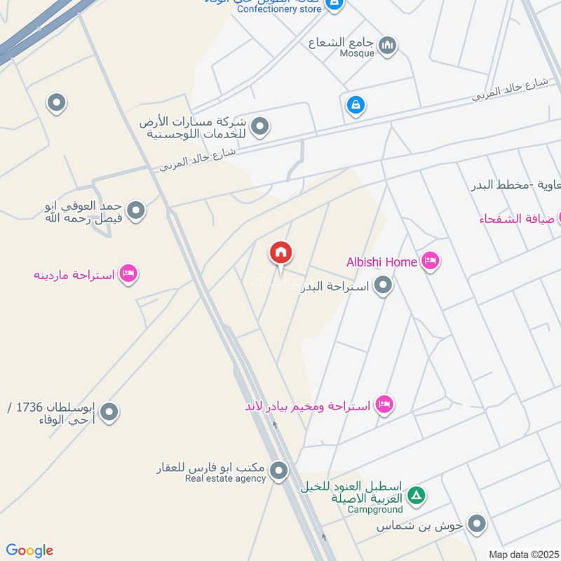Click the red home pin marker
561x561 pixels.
[x=281, y=253]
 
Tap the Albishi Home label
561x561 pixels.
[x=381, y=262]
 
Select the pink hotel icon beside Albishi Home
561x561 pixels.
[x=430, y=262]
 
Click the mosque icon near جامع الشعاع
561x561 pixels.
[x=387, y=46]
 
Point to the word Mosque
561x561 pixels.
[x=357, y=53]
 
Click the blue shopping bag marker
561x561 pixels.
[x=356, y=106]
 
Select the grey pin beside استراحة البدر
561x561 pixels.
[x=383, y=285]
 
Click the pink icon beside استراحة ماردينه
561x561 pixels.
[x=128, y=273]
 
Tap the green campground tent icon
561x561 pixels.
[x=417, y=496]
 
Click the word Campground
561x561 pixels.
[x=375, y=510]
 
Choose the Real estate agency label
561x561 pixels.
[x=225, y=478]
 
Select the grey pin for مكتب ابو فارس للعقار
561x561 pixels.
[x=279, y=471]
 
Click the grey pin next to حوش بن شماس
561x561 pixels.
[x=477, y=524]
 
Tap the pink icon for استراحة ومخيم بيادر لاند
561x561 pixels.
[x=384, y=405]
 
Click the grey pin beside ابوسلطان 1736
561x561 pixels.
[x=109, y=412]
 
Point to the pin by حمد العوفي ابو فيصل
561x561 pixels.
[x=136, y=210]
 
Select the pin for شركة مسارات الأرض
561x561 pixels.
[x=260, y=127]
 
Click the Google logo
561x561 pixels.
[x=29, y=550]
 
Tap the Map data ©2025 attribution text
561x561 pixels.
[x=522, y=554]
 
